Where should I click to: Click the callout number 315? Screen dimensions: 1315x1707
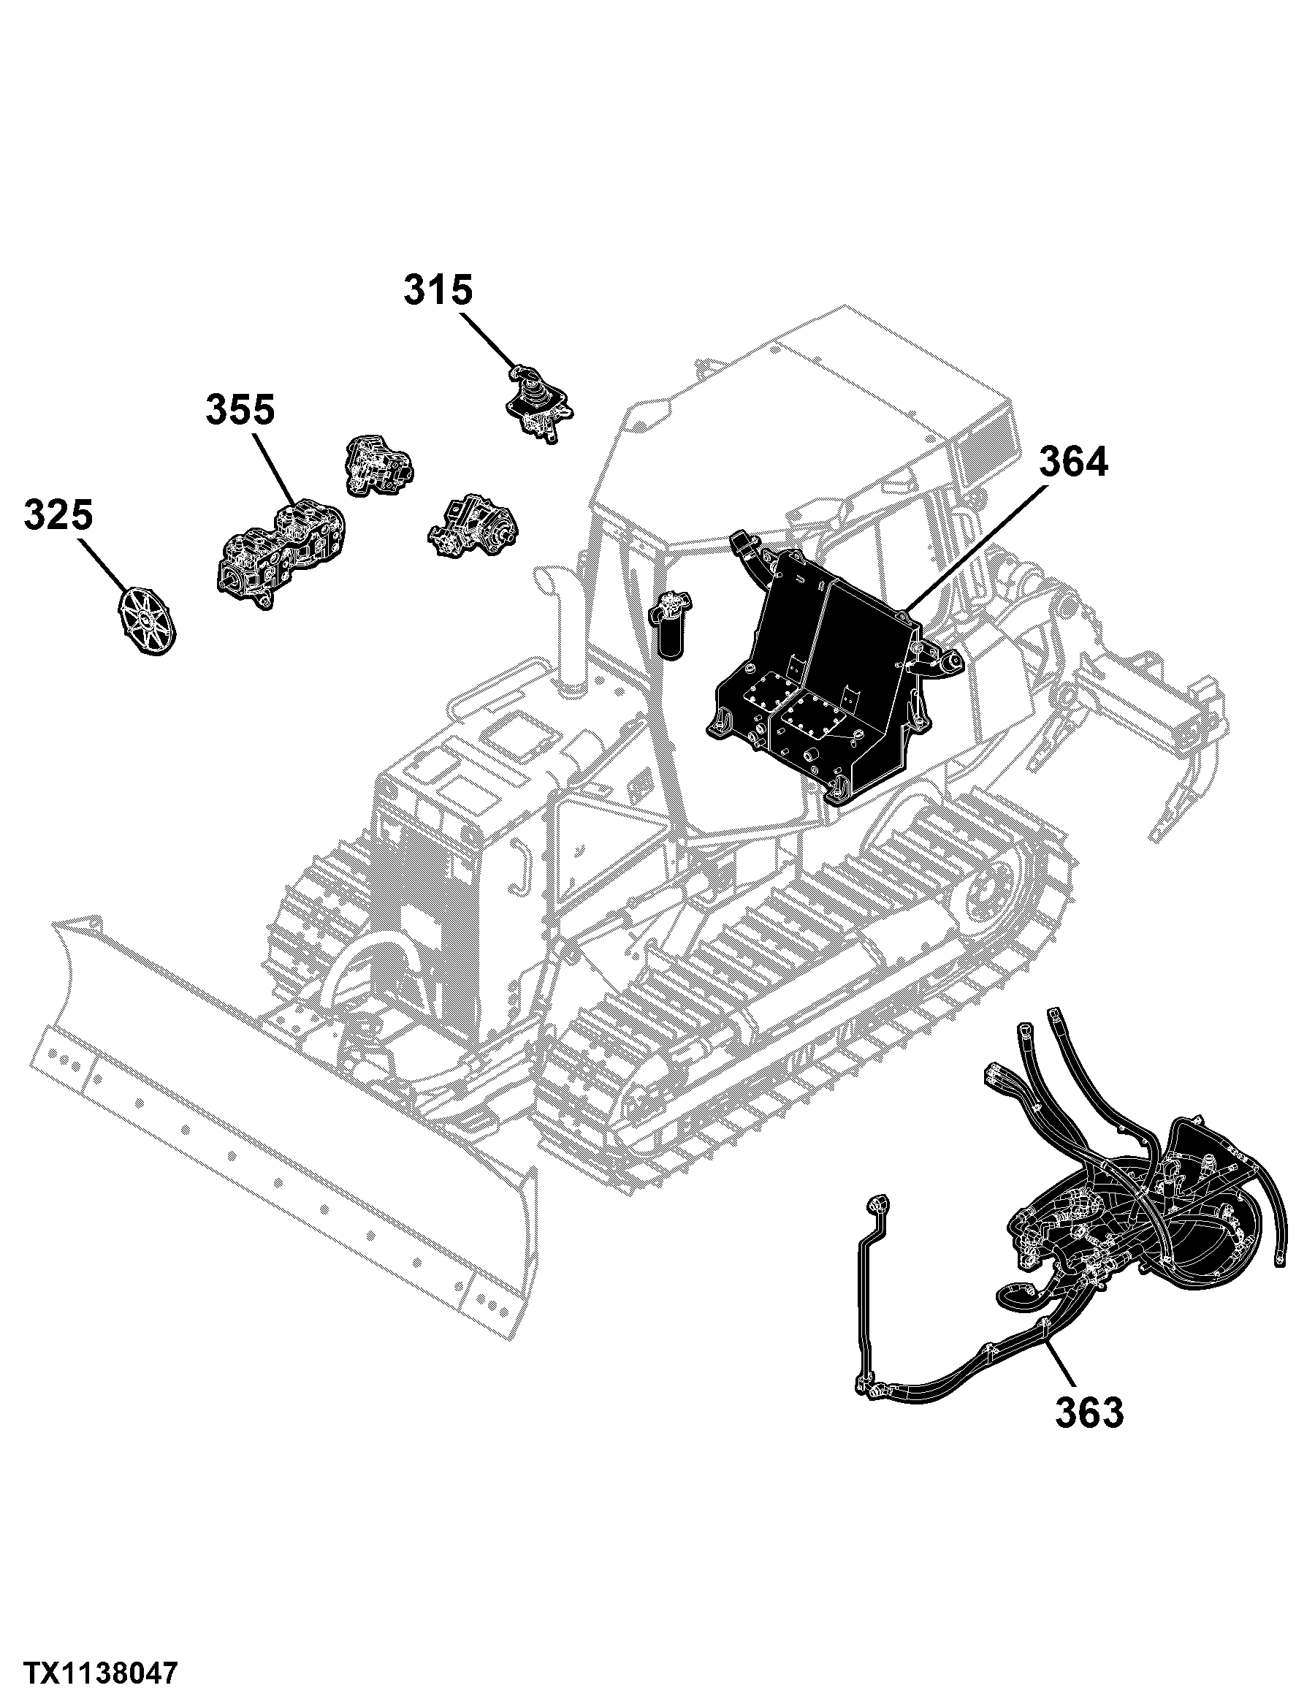click(438, 291)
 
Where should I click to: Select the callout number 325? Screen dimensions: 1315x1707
click(58, 515)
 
